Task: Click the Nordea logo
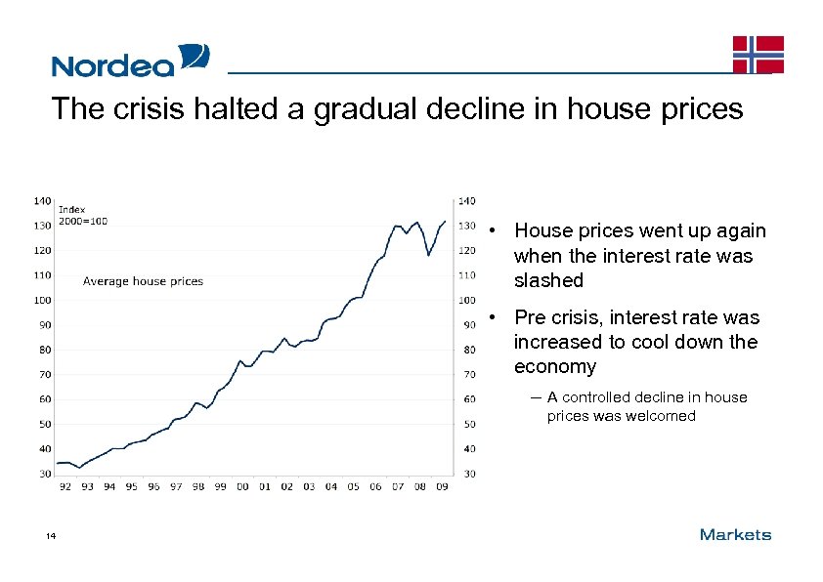[x=130, y=61]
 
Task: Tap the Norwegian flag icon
[x=758, y=55]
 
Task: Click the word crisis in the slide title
[x=144, y=108]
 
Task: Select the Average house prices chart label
[x=143, y=281]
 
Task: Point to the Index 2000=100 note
[x=83, y=215]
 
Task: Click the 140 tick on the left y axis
[x=43, y=200]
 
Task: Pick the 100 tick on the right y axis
[x=467, y=300]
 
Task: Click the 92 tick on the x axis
[x=65, y=486]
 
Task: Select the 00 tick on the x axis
[x=241, y=486]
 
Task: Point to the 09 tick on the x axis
[x=442, y=486]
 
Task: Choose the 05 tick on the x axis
[x=353, y=486]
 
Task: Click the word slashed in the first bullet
[x=548, y=281]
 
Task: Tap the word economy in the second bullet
[x=555, y=367]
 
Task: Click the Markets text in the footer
[x=735, y=534]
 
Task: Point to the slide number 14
[x=50, y=535]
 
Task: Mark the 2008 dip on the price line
[x=428, y=255]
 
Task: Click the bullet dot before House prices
[x=497, y=231]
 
